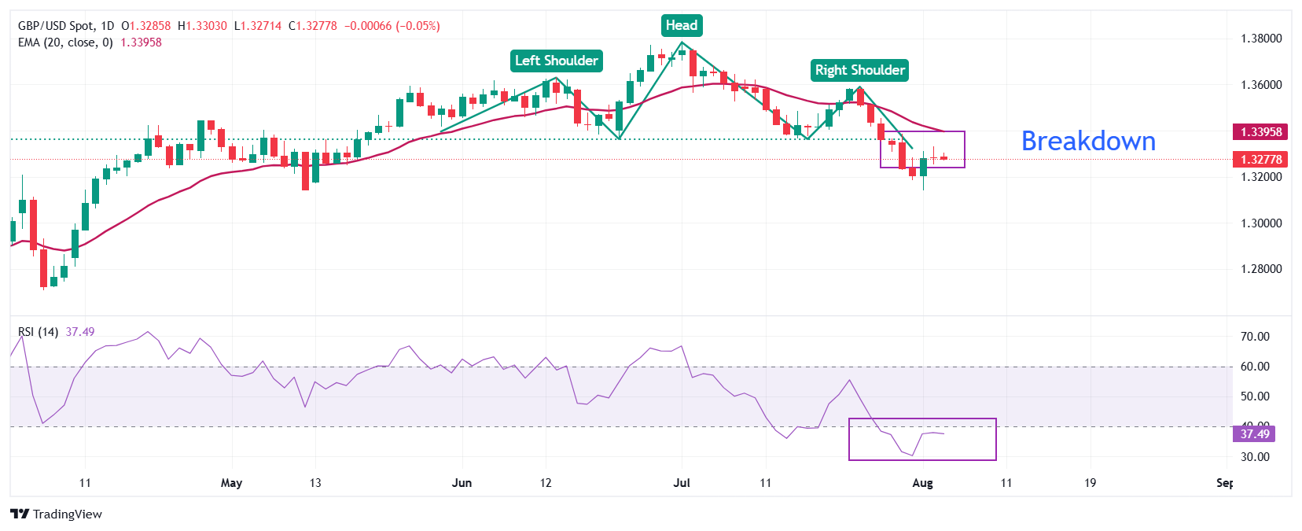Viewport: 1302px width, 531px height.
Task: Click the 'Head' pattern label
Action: (681, 25)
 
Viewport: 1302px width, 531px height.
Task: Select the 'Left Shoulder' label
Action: (557, 61)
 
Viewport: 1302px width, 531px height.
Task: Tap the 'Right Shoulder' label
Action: (859, 70)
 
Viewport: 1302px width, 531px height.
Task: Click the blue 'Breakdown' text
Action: (1088, 141)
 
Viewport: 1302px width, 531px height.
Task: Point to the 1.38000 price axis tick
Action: (1261, 39)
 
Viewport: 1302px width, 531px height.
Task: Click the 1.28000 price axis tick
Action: (1261, 269)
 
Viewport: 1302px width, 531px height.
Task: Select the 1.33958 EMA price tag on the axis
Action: (1261, 132)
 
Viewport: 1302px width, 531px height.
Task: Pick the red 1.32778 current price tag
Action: (1261, 160)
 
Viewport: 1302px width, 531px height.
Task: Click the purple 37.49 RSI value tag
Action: (1255, 434)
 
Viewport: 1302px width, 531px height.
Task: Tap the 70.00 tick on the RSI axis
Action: (1255, 337)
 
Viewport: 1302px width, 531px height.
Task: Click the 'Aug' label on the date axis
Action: (922, 483)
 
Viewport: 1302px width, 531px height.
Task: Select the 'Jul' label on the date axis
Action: (682, 483)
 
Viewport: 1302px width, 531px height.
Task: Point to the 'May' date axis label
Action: (231, 483)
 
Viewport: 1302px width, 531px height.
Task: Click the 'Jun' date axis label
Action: (462, 483)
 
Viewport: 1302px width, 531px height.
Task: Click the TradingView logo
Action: (57, 514)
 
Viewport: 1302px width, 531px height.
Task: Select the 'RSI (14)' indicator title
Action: (38, 332)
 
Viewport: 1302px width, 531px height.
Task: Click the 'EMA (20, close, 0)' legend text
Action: (65, 42)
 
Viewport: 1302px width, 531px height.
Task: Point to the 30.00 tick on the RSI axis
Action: (1255, 457)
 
